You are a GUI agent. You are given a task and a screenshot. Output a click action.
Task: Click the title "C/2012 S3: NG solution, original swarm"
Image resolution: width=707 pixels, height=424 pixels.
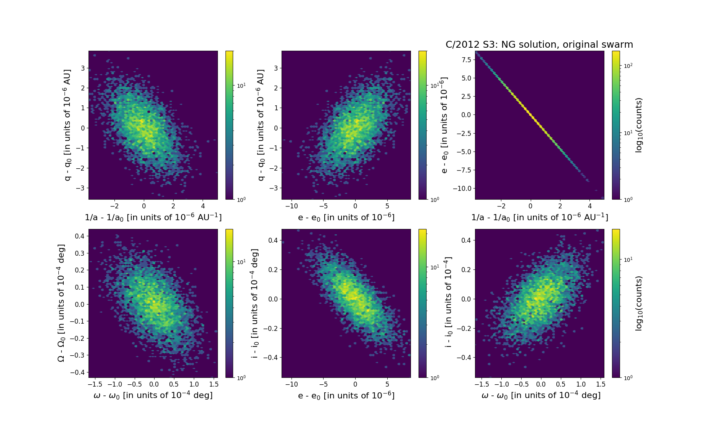pos(539,45)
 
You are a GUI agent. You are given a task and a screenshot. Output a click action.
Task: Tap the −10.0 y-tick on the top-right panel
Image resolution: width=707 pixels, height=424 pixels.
pos(462,189)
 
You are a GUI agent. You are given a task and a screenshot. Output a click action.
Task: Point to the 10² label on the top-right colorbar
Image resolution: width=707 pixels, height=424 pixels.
pos(628,66)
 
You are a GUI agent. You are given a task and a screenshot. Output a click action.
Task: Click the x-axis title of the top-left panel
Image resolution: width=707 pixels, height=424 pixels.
pos(153,217)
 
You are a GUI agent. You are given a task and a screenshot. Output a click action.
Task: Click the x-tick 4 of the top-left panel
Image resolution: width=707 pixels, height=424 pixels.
pos(203,206)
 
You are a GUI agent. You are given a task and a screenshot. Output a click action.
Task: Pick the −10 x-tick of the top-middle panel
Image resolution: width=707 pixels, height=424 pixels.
pos(291,206)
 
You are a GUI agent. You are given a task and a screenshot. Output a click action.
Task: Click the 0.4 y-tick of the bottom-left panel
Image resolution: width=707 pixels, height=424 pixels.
pos(79,236)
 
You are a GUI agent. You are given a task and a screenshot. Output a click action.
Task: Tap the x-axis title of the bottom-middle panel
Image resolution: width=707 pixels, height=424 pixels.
pos(346,395)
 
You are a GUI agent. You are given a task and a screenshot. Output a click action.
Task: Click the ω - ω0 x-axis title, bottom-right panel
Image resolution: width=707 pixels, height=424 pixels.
pos(541,395)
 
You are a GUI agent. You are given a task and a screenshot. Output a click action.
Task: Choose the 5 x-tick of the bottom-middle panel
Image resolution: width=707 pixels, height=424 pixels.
pos(387,384)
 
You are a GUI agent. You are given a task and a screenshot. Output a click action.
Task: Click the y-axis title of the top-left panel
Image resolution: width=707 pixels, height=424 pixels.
pos(68,125)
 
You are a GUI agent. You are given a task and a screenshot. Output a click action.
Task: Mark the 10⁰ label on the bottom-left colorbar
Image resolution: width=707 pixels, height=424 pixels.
pos(241,378)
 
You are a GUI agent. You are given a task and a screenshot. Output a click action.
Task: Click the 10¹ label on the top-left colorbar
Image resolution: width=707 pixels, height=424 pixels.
pos(241,85)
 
